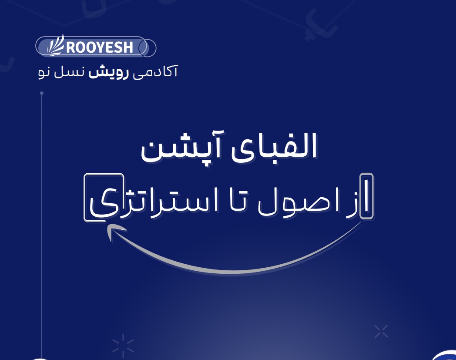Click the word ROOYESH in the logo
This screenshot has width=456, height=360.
tap(100, 47)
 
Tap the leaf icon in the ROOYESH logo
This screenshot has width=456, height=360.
tap(56, 45)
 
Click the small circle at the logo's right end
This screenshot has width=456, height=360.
tap(149, 47)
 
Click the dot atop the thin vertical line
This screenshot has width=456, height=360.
tap(42, 93)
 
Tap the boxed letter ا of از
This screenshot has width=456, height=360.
tap(367, 197)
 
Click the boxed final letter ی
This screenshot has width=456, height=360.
tap(104, 198)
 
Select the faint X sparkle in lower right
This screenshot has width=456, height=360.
tap(381, 331)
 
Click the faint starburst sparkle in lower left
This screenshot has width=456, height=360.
tap(123, 345)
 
